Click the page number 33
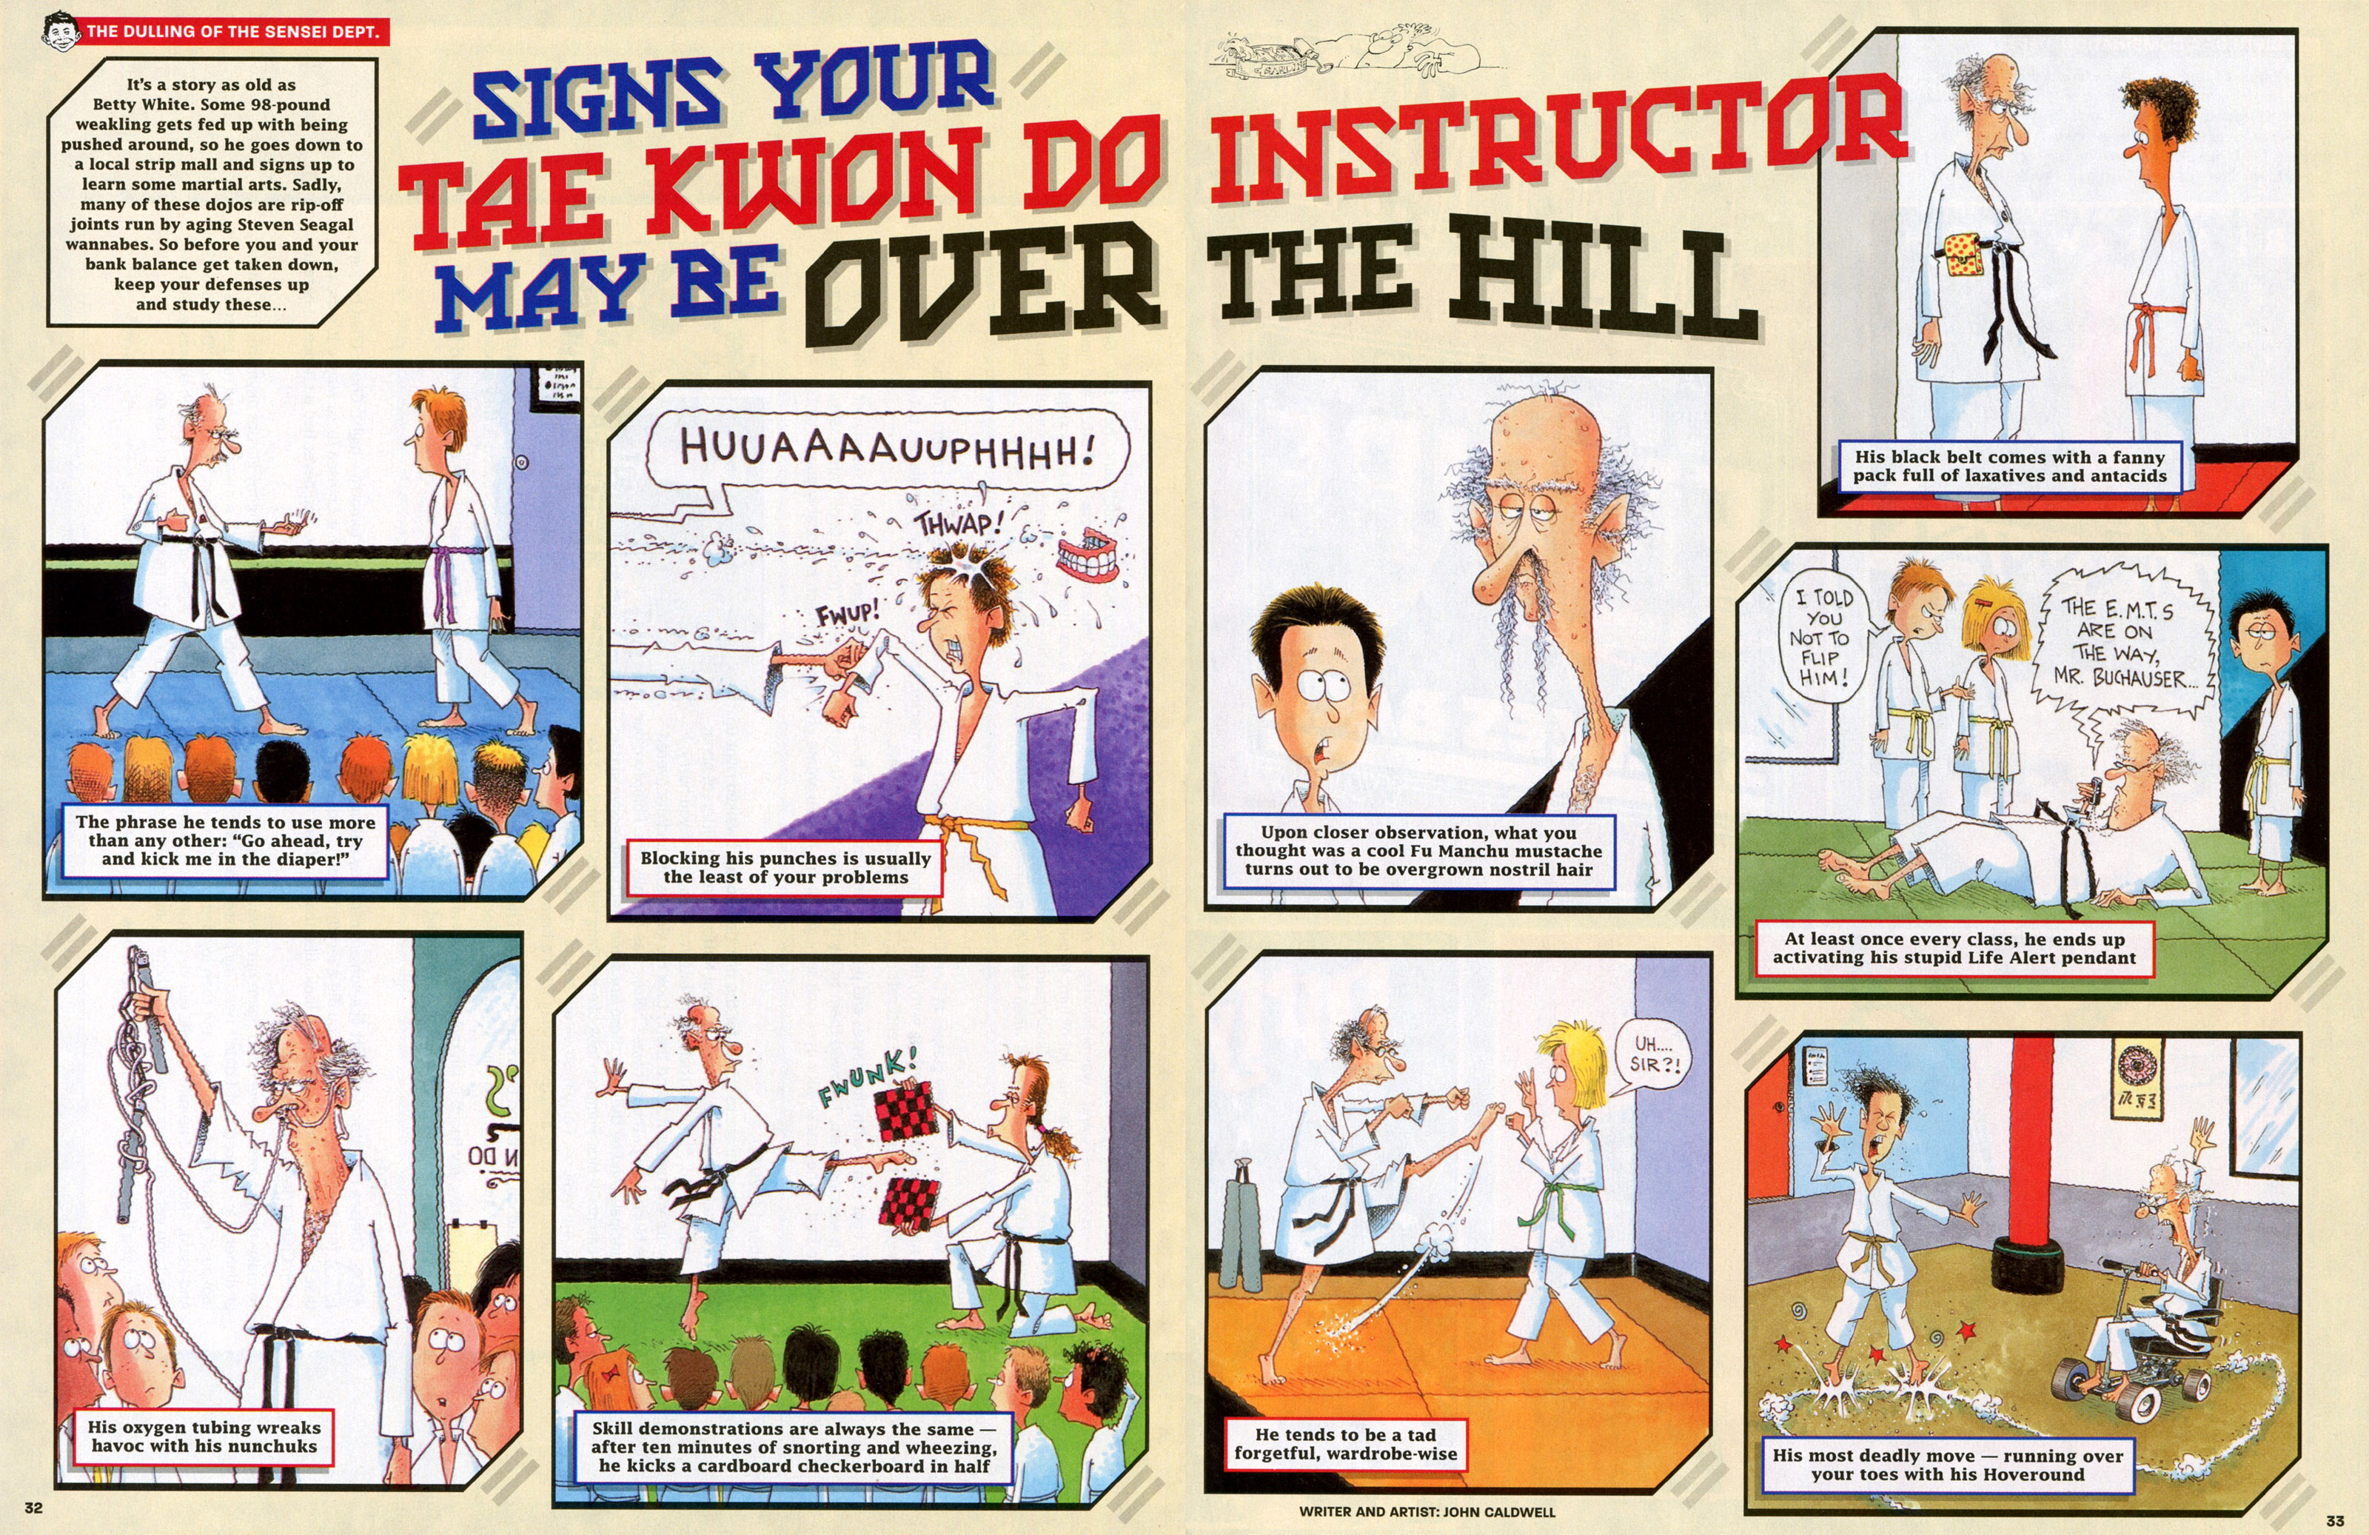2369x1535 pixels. [2335, 1521]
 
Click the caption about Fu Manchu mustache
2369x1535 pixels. [1418, 850]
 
